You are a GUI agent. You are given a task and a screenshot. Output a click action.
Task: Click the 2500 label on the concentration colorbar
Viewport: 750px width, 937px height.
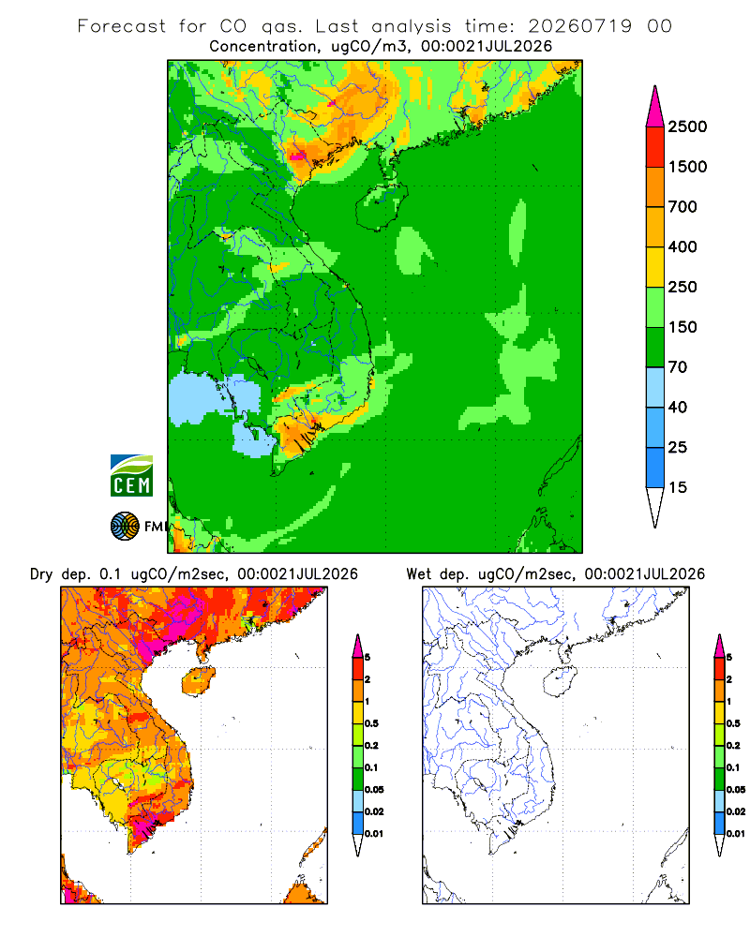pos(687,126)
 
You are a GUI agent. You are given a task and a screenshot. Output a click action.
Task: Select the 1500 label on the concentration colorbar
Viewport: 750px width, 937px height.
pos(687,167)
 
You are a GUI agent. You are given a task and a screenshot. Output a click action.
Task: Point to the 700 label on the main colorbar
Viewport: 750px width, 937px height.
pos(682,207)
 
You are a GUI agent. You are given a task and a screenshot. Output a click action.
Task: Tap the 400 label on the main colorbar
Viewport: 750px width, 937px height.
pos(682,246)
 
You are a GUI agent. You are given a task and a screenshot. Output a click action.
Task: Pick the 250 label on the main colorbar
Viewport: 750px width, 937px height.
pos(682,287)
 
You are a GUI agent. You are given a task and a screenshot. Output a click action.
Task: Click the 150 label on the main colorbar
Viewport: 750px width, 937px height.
pos(682,327)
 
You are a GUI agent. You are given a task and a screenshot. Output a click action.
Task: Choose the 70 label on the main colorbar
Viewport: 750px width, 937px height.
pos(678,367)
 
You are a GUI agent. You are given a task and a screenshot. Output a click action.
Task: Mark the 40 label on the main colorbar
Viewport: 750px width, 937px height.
pos(678,407)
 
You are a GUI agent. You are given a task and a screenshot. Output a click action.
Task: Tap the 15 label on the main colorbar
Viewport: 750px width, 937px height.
pos(678,487)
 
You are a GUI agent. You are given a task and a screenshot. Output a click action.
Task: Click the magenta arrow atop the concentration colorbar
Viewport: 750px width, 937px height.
pos(655,108)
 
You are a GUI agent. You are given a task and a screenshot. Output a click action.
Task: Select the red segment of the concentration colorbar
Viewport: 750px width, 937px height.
pos(655,147)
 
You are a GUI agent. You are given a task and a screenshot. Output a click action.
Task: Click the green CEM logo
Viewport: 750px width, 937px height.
pos(131,476)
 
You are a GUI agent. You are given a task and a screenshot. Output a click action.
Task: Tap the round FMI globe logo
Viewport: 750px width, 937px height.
pos(125,527)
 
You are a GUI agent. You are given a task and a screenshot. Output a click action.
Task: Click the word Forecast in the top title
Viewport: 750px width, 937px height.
pos(122,26)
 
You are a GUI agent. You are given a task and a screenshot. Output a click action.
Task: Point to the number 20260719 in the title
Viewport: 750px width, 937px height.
pos(579,26)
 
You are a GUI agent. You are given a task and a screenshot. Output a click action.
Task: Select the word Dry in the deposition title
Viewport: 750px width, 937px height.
pos(41,574)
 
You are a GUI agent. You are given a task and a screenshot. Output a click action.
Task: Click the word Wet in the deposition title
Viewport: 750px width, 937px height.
pos(418,574)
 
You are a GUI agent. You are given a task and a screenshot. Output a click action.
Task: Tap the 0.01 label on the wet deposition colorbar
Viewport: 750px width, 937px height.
pos(736,834)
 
